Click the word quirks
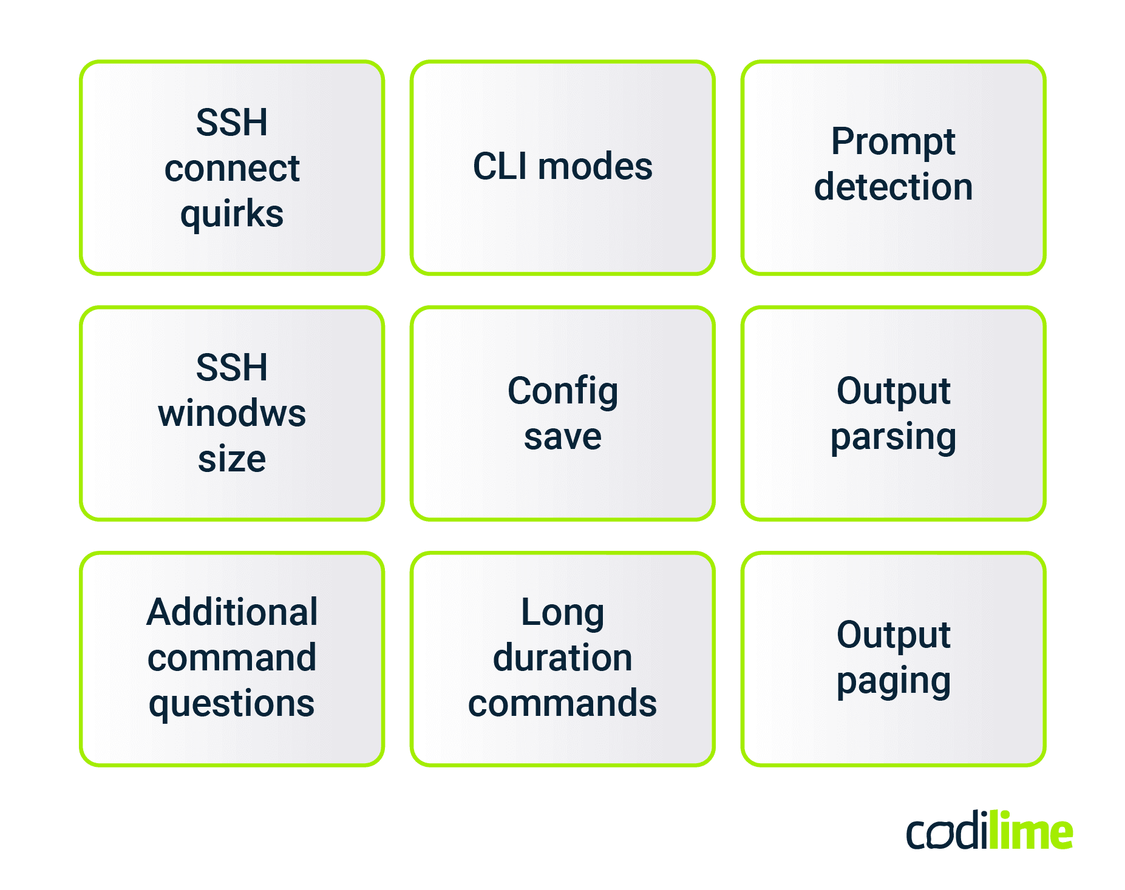tap(231, 215)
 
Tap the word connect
tap(231, 169)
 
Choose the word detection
tap(893, 187)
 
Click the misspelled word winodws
tap(231, 414)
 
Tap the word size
tap(231, 459)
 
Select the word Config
tap(562, 392)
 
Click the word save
tap(562, 437)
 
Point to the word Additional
tap(231, 612)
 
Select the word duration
tap(562, 658)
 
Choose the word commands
tap(562, 704)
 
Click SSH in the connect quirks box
tap(231, 123)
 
